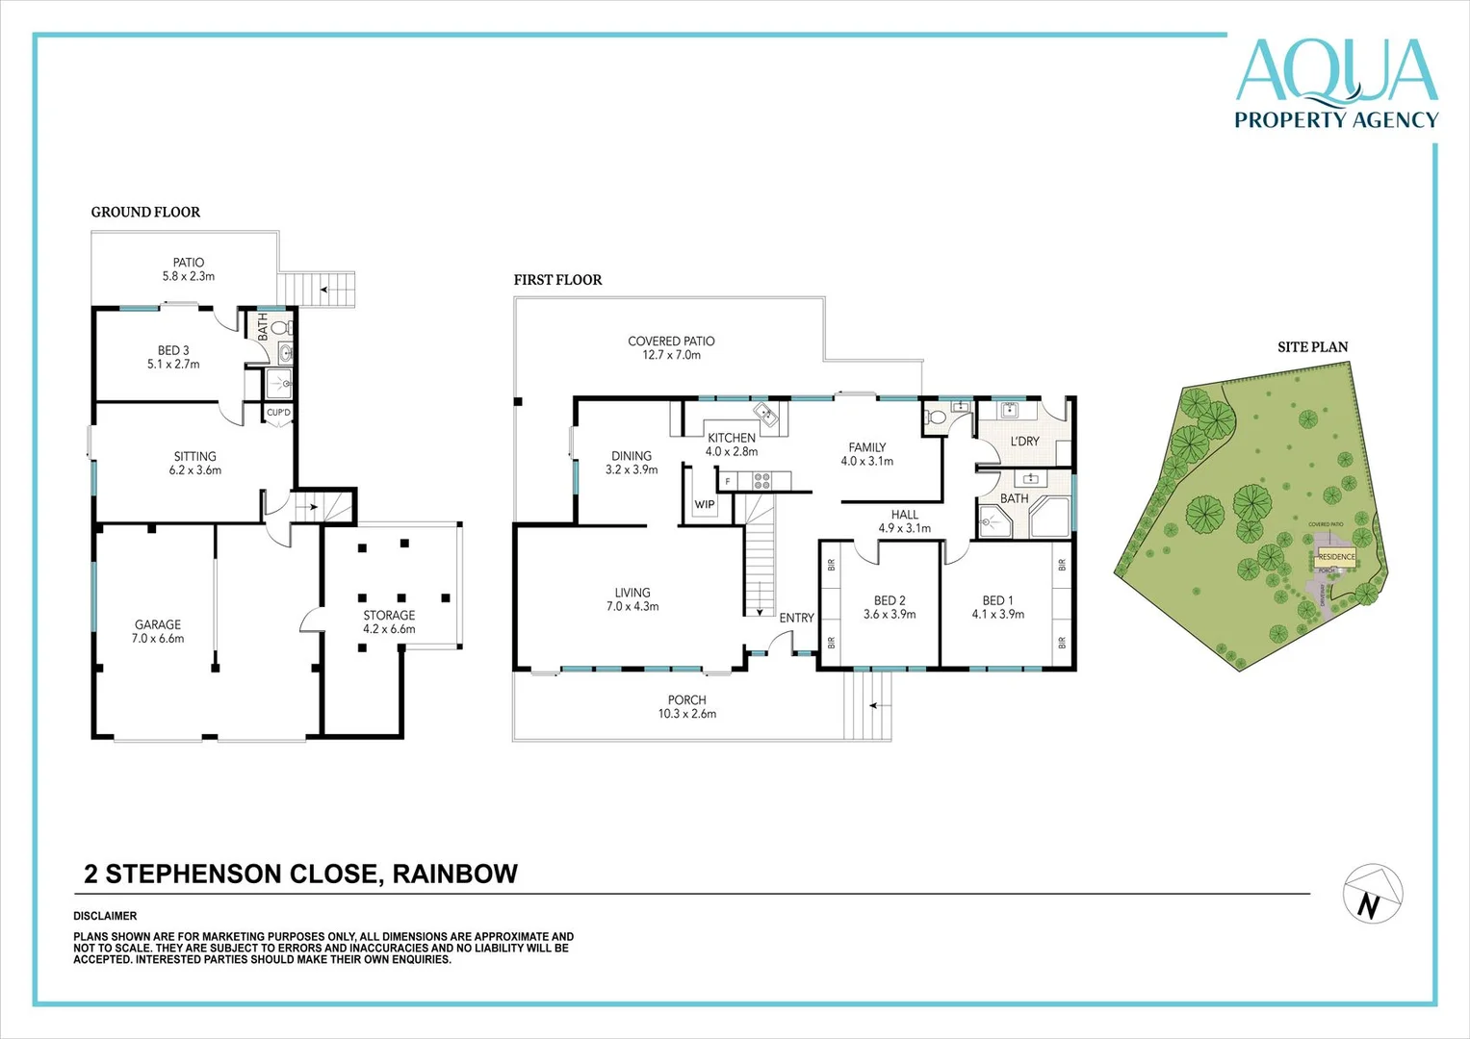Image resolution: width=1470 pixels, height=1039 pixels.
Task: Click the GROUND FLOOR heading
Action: [145, 213]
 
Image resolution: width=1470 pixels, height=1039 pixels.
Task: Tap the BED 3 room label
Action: [173, 351]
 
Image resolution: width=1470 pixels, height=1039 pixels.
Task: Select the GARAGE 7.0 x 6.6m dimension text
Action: [158, 639]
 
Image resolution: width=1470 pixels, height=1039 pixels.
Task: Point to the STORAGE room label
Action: [389, 616]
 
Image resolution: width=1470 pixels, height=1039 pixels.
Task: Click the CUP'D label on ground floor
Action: [278, 413]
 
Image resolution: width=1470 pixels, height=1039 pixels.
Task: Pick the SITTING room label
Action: [195, 457]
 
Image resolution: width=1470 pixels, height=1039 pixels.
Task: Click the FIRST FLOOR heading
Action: [557, 280]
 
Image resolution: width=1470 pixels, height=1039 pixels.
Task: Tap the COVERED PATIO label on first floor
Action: [671, 342]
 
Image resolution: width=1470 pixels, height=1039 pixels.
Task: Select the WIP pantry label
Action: [705, 504]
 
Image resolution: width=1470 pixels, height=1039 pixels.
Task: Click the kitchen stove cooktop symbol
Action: [761, 480]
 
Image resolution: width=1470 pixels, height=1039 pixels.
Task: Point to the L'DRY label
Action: [1024, 442]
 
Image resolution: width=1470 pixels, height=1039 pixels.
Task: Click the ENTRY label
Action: [796, 618]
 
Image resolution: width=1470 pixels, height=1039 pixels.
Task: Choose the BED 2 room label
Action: [890, 600]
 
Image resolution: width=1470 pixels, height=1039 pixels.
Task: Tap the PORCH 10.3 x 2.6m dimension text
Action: [686, 714]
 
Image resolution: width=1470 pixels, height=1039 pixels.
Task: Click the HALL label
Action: [904, 515]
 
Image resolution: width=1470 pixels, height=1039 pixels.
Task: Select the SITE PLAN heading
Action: [1312, 347]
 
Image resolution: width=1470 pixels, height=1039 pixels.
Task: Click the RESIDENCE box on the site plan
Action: [1336, 557]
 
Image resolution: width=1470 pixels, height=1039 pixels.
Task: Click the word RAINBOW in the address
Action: [454, 874]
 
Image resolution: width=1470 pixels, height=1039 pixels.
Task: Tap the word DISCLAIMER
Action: [105, 916]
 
